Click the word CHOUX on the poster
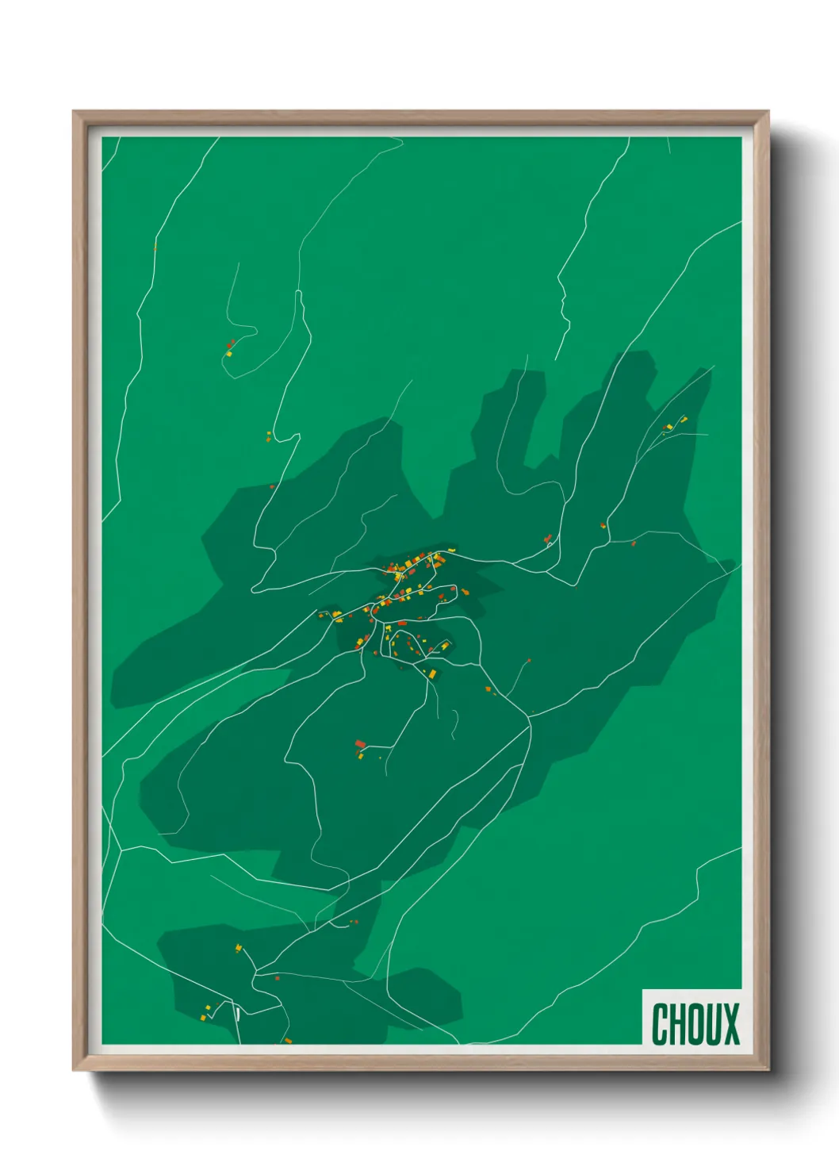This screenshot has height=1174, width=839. (695, 1024)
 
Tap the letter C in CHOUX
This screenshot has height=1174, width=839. (659, 1024)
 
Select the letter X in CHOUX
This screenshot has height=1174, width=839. (730, 1024)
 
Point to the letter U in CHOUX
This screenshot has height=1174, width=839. (711, 1024)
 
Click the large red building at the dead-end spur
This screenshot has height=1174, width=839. (360, 744)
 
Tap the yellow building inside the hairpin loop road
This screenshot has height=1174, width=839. (228, 354)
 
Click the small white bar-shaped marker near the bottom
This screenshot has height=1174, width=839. (237, 1012)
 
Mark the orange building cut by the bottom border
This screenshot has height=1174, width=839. (288, 1040)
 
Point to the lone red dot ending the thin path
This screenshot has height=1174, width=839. (529, 660)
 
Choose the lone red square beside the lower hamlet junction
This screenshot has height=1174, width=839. (278, 978)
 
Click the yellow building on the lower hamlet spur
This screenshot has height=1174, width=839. (237, 947)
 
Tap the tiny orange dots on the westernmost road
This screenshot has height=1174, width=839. (155, 247)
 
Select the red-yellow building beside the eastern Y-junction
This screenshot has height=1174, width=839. (603, 525)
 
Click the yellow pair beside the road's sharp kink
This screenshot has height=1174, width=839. (269, 435)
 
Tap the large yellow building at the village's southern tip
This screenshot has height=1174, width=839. (433, 673)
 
